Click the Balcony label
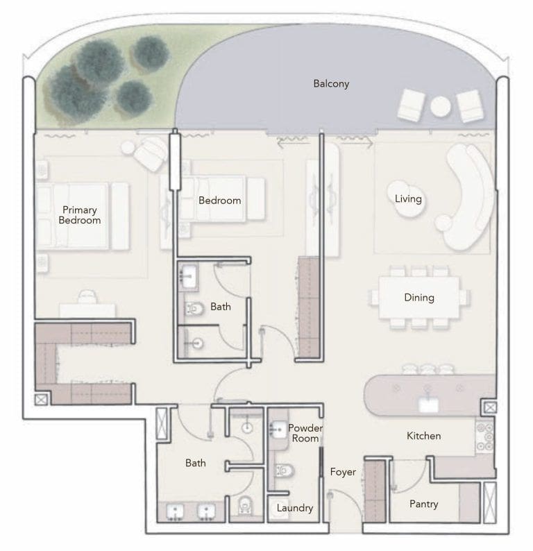coord(331,84)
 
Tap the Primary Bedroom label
coord(79,215)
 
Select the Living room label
coord(408,199)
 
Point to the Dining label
coord(418,298)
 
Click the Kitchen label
coord(423,436)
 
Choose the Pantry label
coord(423,504)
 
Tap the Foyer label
coord(343,472)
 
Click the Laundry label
coord(295,508)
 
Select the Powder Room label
coord(305,433)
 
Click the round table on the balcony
coord(441,106)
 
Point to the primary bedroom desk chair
coord(87,297)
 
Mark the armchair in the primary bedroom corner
coord(149,153)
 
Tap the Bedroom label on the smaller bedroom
coord(219,201)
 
